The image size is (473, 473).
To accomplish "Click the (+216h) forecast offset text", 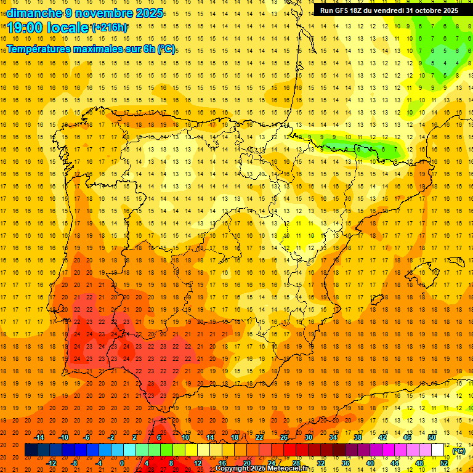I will point(110,28).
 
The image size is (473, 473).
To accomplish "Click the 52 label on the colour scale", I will point(444,463).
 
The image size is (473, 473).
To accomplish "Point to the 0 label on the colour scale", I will point(123,463).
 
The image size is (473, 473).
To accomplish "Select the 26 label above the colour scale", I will point(284,437).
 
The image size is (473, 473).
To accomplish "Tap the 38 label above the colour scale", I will point(358,437).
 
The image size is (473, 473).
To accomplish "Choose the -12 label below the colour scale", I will point(52,463).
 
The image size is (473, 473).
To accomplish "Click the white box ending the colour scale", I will point(438,450).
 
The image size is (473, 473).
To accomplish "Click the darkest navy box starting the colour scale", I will point(31,450).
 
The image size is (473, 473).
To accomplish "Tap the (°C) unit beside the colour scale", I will point(458,450).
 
